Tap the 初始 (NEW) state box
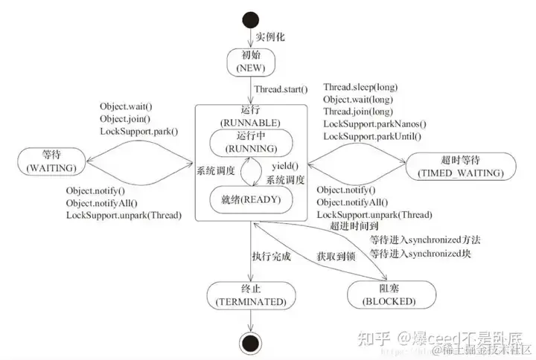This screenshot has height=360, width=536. tap(252, 62)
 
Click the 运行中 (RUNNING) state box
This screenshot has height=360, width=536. tap(252, 142)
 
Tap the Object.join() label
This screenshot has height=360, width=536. tap(125, 119)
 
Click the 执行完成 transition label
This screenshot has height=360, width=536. tap(271, 257)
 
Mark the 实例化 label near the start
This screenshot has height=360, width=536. tap(270, 36)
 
